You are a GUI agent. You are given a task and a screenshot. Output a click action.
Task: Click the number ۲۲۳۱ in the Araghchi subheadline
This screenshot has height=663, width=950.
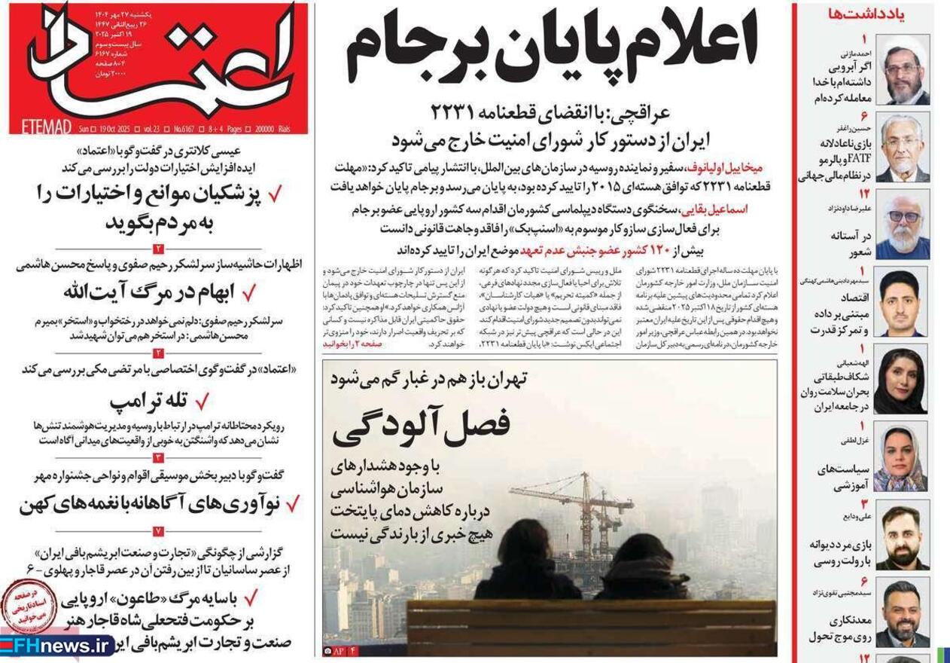(461, 114)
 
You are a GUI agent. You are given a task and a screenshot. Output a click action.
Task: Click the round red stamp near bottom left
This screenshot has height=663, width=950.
(29, 606)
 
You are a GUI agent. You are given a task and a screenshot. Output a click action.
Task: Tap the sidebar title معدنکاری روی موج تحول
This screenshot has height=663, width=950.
(829, 629)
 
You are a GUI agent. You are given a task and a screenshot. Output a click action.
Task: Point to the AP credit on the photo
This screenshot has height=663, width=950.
(338, 649)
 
